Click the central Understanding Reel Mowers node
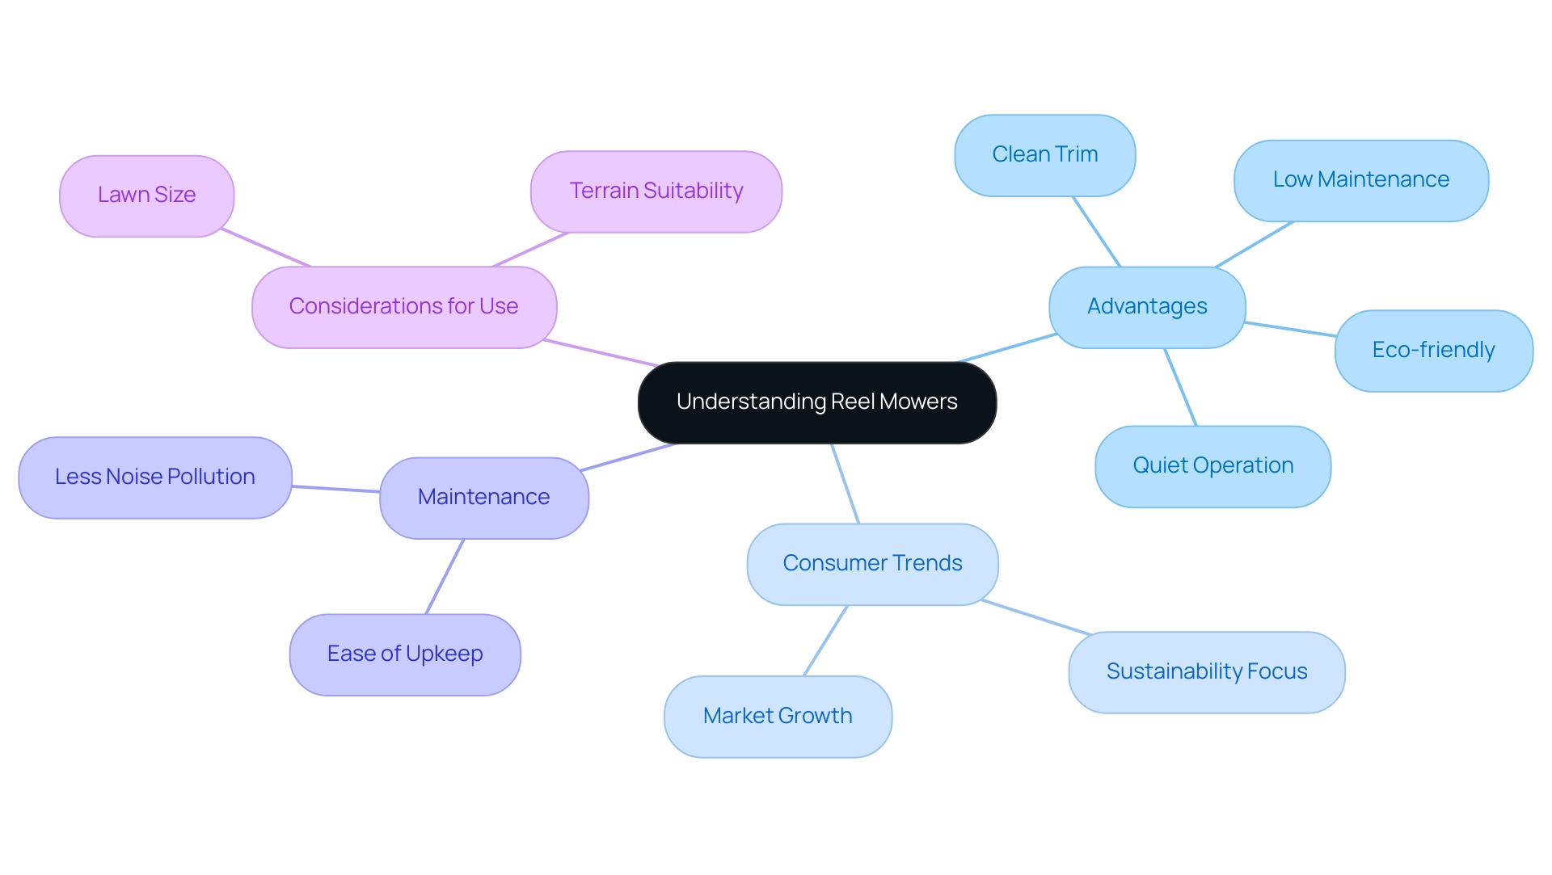pyautogui.click(x=816, y=402)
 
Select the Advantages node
pyautogui.click(x=1146, y=307)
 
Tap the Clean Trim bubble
pyautogui.click(x=1044, y=155)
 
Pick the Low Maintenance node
pyautogui.click(x=1360, y=180)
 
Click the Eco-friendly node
pyautogui.click(x=1433, y=351)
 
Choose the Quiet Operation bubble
pyautogui.click(x=1212, y=466)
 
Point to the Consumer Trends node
pyautogui.click(x=872, y=564)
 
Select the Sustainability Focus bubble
pyautogui.click(x=1206, y=672)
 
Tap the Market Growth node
pyautogui.click(x=777, y=717)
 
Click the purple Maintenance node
pyautogui.click(x=483, y=498)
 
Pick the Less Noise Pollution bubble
pyautogui.click(x=154, y=477)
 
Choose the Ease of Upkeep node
pyautogui.click(x=404, y=654)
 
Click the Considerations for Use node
pyautogui.click(x=403, y=307)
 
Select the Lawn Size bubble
pyautogui.click(x=146, y=196)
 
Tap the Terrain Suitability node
pyautogui.click(x=656, y=191)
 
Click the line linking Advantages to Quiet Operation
pyautogui.click(x=1180, y=387)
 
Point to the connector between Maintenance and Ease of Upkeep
pyautogui.click(x=445, y=576)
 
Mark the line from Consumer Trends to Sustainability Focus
pyautogui.click(x=1036, y=617)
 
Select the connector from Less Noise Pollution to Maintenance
pyautogui.click(x=335, y=489)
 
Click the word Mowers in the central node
pyautogui.click(x=918, y=402)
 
